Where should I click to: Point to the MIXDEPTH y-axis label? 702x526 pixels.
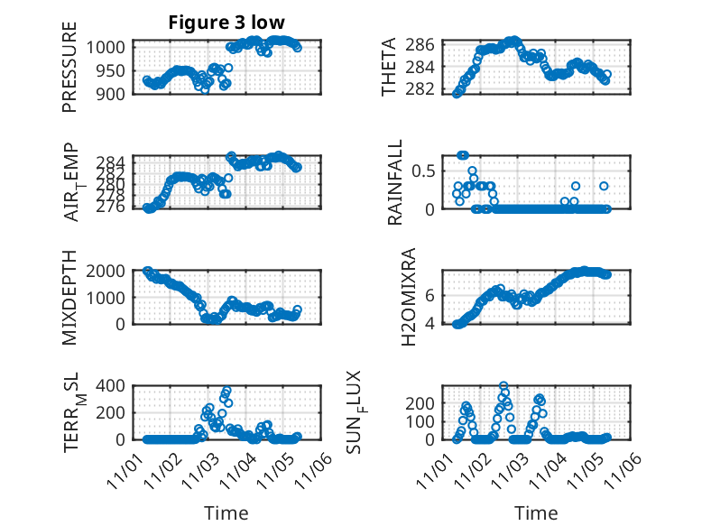(69, 299)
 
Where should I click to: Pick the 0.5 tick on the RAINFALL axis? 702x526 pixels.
(424, 171)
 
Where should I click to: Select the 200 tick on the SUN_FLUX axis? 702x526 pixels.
(423, 401)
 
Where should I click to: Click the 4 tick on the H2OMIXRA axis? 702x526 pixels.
(431, 323)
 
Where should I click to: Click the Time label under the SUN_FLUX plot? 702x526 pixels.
(536, 513)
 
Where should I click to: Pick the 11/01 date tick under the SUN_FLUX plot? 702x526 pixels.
(439, 470)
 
